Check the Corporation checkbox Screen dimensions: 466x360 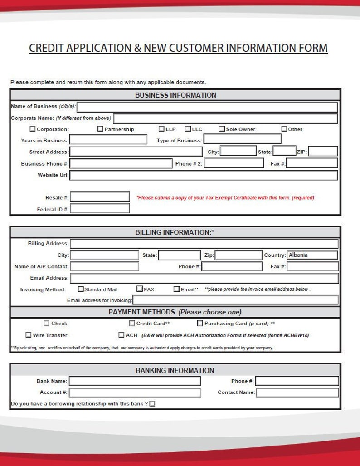(33, 129)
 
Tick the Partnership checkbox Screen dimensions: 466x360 (101, 129)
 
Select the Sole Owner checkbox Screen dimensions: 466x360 (222, 129)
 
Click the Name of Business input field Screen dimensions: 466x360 (207, 107)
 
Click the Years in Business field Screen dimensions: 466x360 (108, 140)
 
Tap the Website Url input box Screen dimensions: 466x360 (204, 175)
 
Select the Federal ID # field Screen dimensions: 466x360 (100, 209)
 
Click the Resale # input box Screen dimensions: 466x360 (100, 197)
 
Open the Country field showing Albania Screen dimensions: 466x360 (312, 255)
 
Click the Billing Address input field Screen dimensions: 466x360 (204, 244)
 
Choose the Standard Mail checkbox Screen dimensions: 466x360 (81, 289)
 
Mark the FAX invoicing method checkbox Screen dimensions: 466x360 (140, 289)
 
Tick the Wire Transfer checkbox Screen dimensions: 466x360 (29, 335)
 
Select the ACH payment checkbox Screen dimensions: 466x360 (122, 335)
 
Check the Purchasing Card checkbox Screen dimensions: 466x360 (200, 324)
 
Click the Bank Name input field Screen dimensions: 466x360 (135, 381)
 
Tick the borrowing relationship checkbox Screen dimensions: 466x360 (152, 404)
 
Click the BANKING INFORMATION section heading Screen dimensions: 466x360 (175, 371)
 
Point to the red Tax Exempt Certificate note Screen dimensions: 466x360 (225, 198)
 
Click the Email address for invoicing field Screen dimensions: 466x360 (235, 300)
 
